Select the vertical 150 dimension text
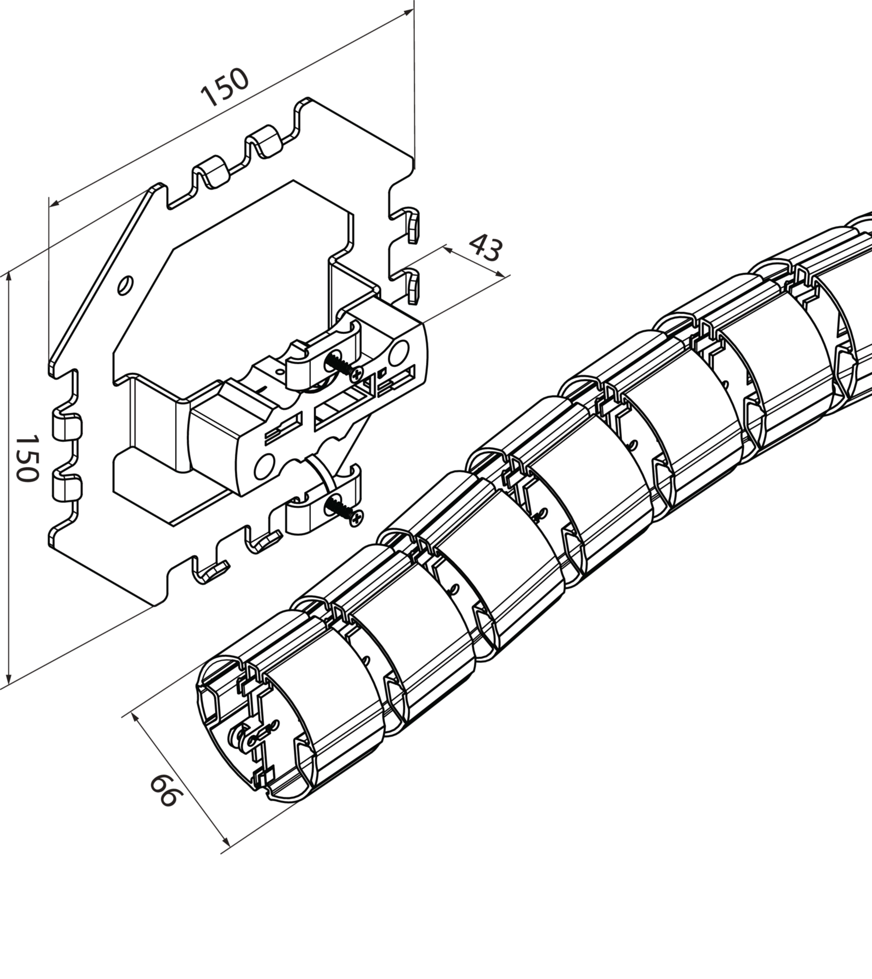[27, 459]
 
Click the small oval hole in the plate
[125, 285]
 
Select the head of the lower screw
[356, 518]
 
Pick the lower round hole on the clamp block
[264, 466]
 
